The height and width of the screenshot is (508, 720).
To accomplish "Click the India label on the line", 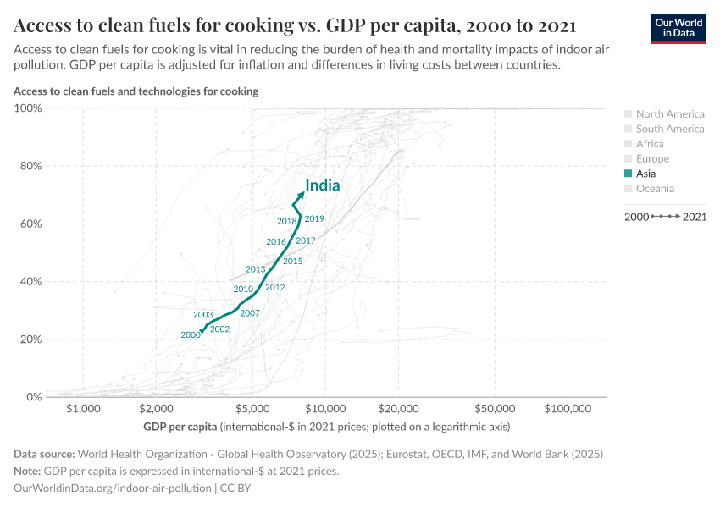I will click(323, 186).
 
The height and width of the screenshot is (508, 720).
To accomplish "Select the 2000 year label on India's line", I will click(191, 335).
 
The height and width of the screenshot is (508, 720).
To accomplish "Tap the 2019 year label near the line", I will click(314, 219).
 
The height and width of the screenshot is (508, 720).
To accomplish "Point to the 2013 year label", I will click(255, 269).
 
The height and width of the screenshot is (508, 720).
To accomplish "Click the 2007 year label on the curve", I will click(249, 313).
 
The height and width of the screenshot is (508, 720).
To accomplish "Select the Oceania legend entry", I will click(655, 189).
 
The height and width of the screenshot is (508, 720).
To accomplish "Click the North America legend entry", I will click(669, 114).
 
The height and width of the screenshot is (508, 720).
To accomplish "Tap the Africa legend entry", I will click(650, 144).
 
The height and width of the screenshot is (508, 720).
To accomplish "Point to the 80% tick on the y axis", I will click(30, 166).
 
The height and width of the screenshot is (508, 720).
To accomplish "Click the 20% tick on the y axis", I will click(30, 340).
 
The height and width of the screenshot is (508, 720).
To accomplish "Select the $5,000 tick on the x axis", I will click(252, 409).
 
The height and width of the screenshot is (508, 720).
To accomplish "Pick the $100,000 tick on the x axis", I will click(568, 409).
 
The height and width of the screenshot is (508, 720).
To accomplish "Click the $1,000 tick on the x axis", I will click(83, 409).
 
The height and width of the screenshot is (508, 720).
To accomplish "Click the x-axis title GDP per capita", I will click(180, 426).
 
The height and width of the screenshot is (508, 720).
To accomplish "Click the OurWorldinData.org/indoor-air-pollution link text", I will click(113, 489).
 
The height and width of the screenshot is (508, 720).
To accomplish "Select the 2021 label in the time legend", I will click(694, 218).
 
